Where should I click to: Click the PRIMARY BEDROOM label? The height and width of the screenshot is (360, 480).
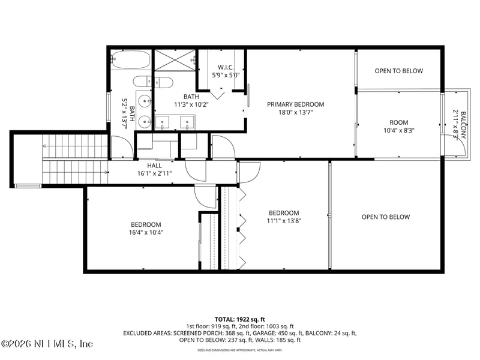point(295,104)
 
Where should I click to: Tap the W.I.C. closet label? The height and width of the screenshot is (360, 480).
point(226,67)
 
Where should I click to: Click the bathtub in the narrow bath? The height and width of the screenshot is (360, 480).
point(129,60)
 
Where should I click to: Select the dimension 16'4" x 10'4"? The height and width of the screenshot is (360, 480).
point(146,232)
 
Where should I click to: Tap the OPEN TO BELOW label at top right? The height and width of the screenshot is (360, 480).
point(398,71)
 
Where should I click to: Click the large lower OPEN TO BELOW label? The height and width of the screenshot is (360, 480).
point(385,217)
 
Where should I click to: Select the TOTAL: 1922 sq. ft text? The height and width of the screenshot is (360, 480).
point(239,319)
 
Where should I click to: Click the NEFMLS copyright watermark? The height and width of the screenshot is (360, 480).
point(47,344)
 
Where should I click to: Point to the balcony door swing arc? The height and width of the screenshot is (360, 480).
point(448,142)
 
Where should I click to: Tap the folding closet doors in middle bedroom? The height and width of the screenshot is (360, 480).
point(242,228)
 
